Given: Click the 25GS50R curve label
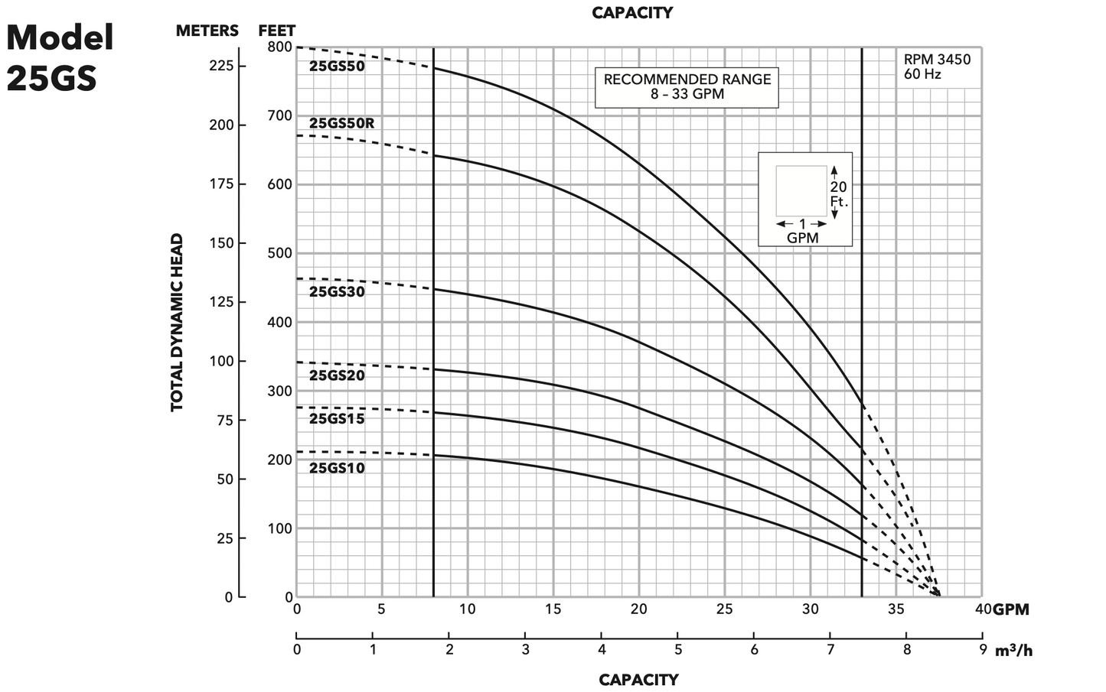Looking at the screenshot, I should point(341,123).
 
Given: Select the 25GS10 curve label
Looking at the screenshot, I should point(337,468).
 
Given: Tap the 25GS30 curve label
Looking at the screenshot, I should point(337,291).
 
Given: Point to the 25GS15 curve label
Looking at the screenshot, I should point(337,419).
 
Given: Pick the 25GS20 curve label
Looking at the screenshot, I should point(337,375).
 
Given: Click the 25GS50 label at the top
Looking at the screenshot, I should point(337,67).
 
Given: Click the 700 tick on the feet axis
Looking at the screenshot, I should point(280,115).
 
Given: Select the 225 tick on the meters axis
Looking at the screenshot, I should point(222,66).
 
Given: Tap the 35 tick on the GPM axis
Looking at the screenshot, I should point(896,609).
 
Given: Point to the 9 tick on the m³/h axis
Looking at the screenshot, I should point(982,650).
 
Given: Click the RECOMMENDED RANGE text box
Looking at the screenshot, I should point(687,86).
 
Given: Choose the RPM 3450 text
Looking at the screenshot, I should point(937,60).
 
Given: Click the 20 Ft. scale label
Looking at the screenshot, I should point(839,194).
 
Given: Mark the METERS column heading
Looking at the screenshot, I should point(207,31).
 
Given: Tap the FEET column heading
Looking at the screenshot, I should point(276,31).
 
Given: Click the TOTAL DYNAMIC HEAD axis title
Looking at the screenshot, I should point(177,322).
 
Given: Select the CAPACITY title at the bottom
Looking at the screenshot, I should point(638,680).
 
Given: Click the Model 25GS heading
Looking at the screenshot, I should point(60,57).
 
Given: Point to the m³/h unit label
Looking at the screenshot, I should point(1013,651).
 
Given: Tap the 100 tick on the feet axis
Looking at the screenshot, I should point(280,528).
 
